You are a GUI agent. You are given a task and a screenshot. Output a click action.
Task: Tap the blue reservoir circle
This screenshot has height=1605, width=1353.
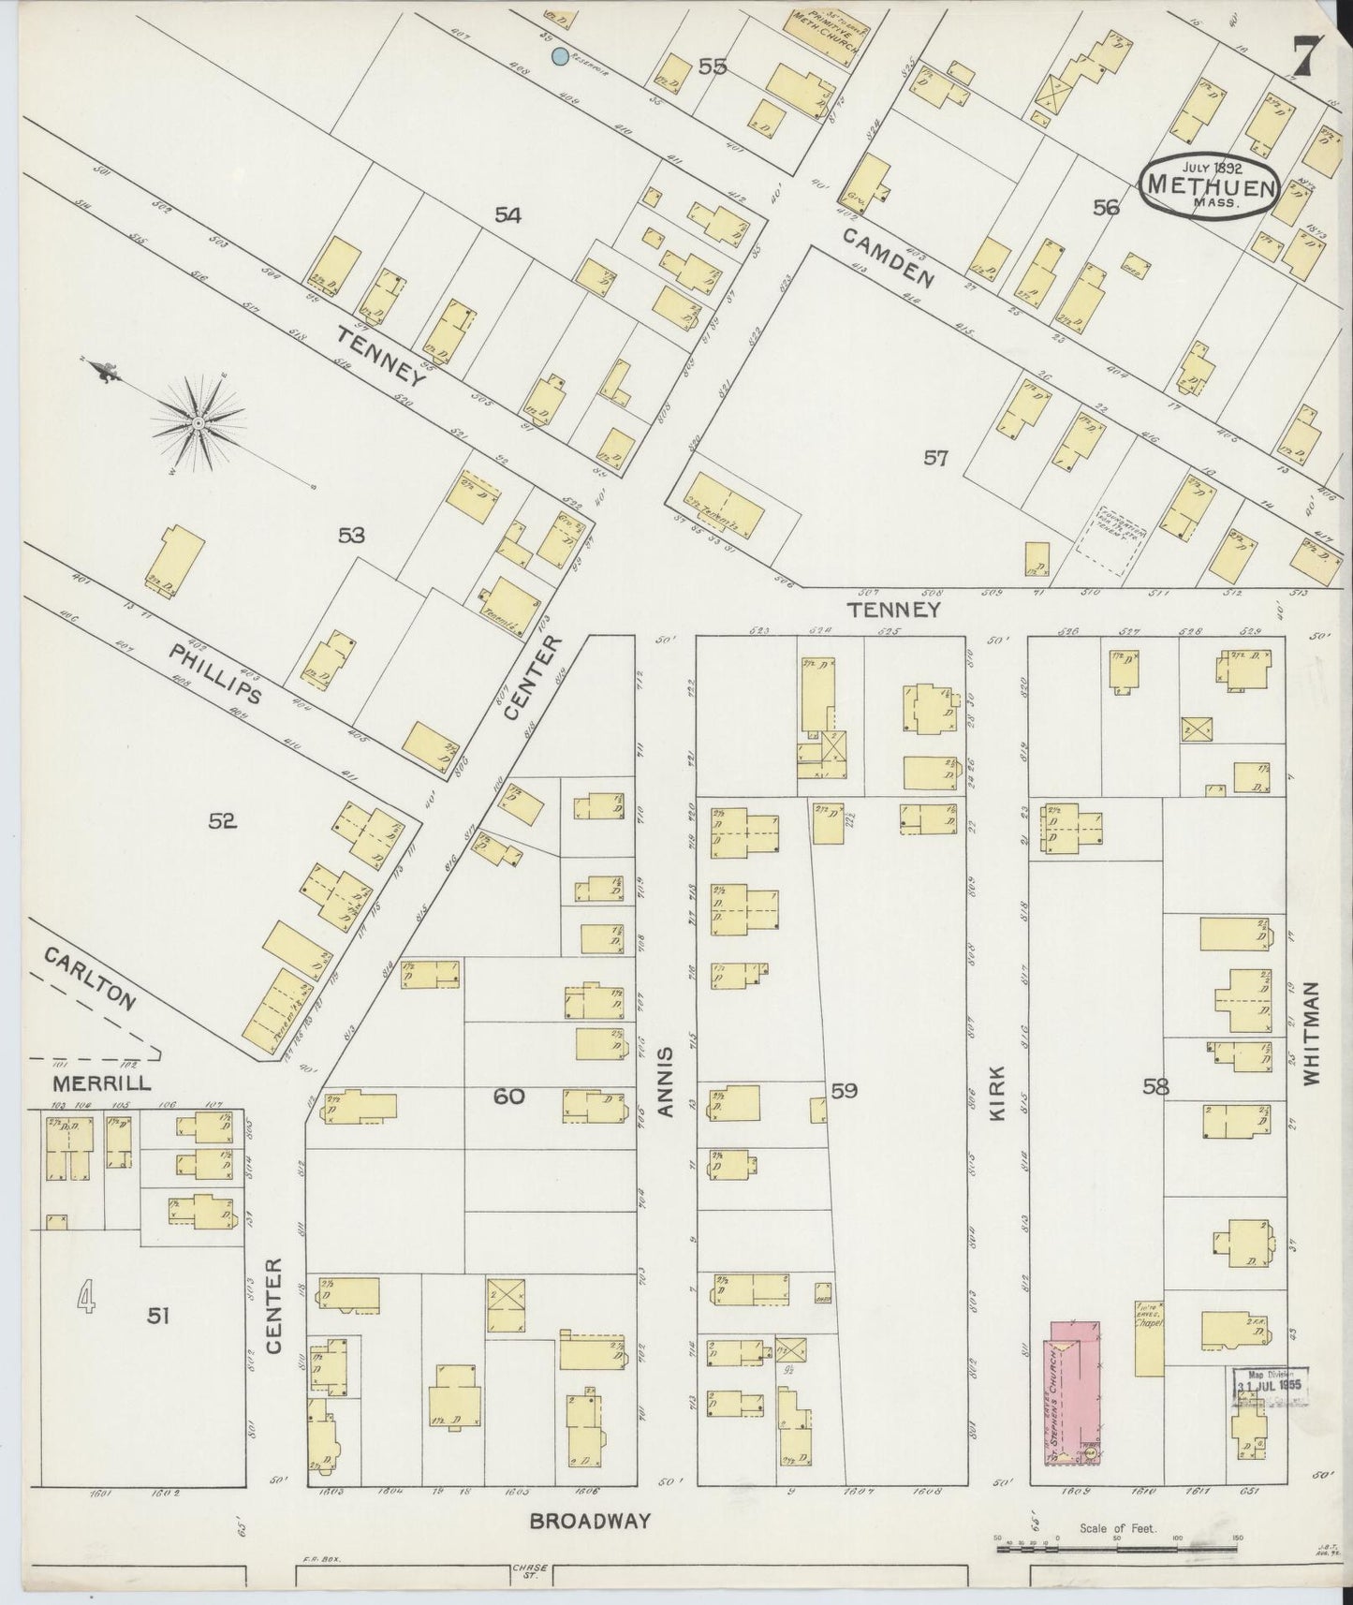tap(559, 57)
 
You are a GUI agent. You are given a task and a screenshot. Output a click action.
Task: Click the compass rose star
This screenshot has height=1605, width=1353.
tap(199, 424)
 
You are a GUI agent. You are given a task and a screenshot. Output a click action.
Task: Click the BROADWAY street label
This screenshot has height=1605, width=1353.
tap(589, 1521)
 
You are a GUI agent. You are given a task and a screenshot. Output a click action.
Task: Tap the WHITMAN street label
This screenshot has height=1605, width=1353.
tap(1310, 1033)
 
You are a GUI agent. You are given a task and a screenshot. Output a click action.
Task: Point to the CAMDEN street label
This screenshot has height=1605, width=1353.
tap(889, 258)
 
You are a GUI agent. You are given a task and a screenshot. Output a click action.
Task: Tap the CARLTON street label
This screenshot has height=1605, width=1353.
tap(90, 978)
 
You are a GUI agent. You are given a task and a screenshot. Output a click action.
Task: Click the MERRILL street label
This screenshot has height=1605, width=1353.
tap(90, 1084)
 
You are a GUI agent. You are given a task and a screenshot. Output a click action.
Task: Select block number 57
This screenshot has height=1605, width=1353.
tap(935, 458)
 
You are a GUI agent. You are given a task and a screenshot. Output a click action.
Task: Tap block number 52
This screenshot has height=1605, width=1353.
tap(222, 821)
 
